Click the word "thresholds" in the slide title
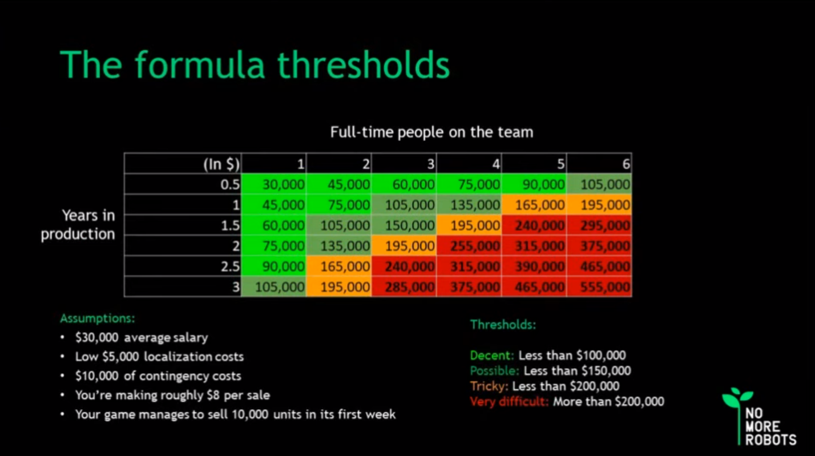(x=364, y=65)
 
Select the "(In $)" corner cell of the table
(x=183, y=164)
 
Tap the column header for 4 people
(x=469, y=164)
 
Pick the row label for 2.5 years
(x=183, y=267)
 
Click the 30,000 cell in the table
(x=273, y=184)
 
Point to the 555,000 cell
(x=599, y=286)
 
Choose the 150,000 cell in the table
(x=404, y=225)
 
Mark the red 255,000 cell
(x=469, y=246)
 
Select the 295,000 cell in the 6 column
(x=599, y=225)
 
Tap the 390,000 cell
(x=534, y=267)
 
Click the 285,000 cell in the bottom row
(x=404, y=286)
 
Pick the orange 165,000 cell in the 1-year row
(x=534, y=205)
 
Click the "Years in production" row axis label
(x=78, y=224)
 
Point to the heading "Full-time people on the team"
(x=431, y=132)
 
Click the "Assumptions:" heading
(x=98, y=318)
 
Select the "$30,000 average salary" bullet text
(x=142, y=337)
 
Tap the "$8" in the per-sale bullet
(x=213, y=395)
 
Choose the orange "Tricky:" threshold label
(x=489, y=386)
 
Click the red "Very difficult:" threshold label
(x=509, y=401)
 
